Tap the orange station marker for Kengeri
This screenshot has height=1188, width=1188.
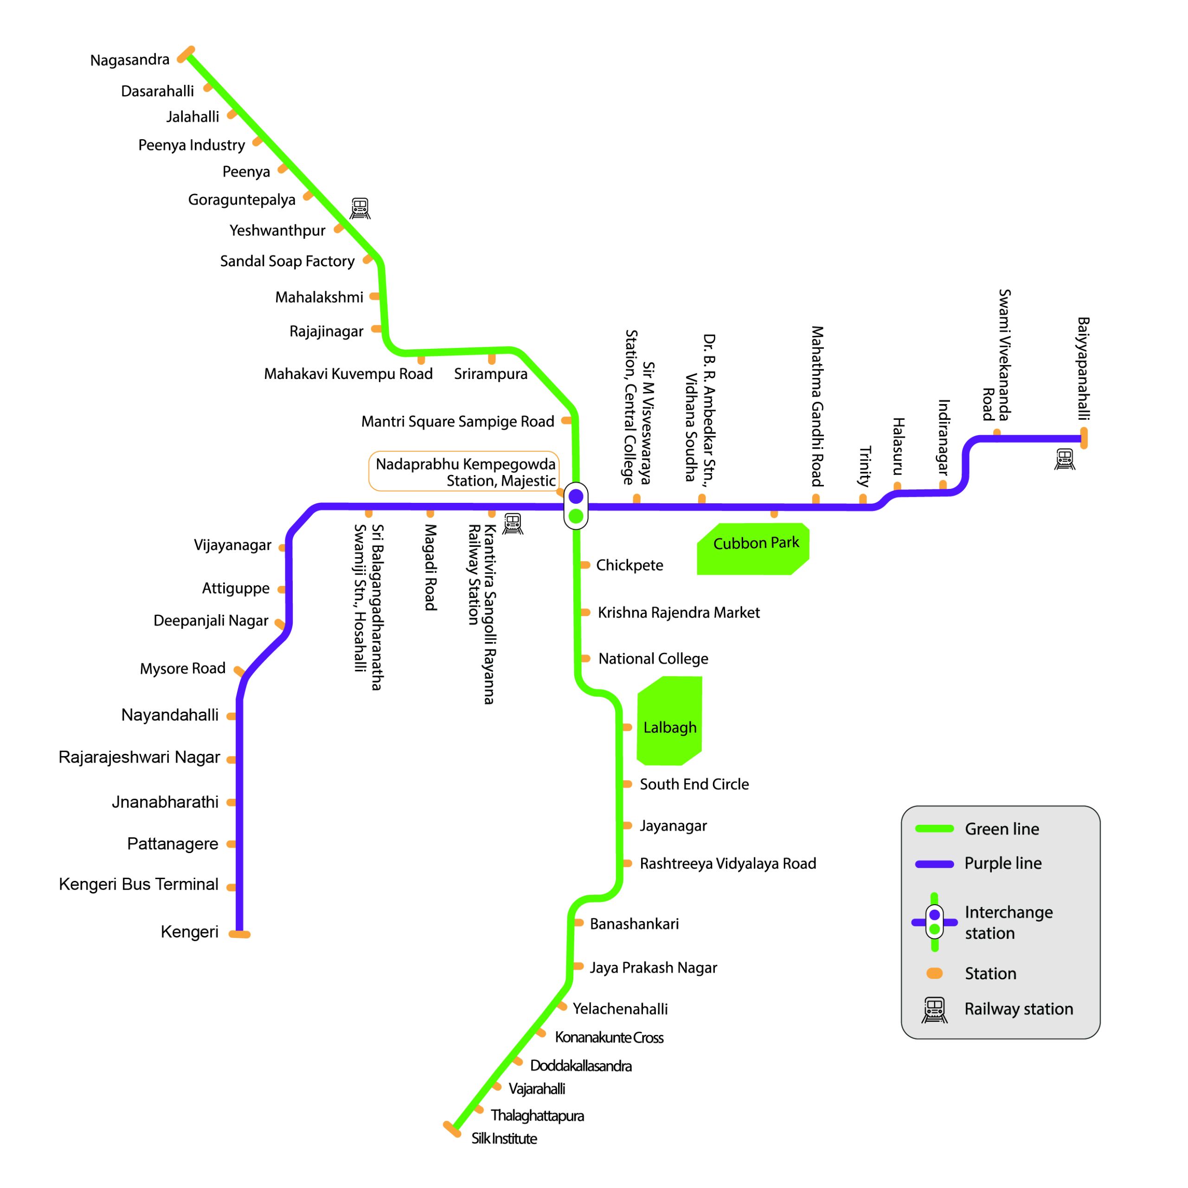(239, 934)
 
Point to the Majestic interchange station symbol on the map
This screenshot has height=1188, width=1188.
(576, 506)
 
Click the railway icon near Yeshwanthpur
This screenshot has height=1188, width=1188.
(360, 208)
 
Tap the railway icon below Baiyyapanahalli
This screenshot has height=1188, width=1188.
(1065, 459)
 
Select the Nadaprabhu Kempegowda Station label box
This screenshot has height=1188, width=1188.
(464, 472)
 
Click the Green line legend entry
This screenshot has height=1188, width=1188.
(1001, 829)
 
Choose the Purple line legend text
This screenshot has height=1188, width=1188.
(1002, 863)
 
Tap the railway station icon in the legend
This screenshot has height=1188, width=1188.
(934, 1010)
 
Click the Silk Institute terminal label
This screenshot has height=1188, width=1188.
(504, 1138)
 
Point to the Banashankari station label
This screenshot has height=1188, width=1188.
(634, 924)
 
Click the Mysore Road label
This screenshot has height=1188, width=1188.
(183, 668)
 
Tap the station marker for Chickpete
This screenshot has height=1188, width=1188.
(585, 565)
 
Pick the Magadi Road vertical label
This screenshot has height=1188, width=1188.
(430, 567)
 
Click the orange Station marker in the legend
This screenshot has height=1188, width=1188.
(934, 973)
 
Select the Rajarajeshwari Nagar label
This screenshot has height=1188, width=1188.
(139, 757)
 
